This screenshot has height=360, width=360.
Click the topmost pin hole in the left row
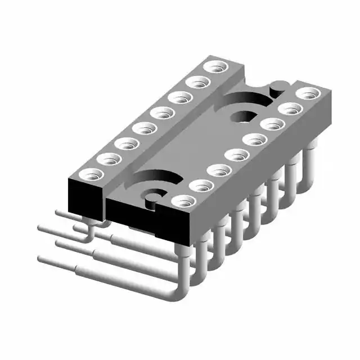[x=214, y=67]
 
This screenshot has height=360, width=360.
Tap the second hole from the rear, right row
[x=289, y=108]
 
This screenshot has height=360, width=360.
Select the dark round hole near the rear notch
[x=243, y=117]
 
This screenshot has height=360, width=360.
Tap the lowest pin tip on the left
[x=42, y=259]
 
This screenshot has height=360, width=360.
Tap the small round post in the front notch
[x=150, y=197]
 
